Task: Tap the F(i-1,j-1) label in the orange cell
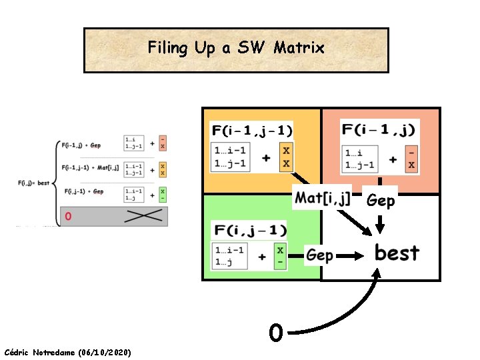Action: [x=251, y=130]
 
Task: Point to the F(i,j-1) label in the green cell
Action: [x=250, y=231]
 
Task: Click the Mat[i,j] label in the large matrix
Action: [x=323, y=197]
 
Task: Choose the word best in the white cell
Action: [x=397, y=253]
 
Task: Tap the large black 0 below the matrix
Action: [x=275, y=331]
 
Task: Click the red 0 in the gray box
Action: [x=69, y=216]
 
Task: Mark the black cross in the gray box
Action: [x=143, y=215]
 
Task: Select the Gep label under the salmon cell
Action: [x=381, y=201]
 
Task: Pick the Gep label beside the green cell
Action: [x=320, y=255]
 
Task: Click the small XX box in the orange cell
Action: [x=286, y=157]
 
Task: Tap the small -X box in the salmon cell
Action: [x=411, y=159]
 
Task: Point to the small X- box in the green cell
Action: [x=280, y=256]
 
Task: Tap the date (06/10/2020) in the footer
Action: [x=104, y=351]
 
